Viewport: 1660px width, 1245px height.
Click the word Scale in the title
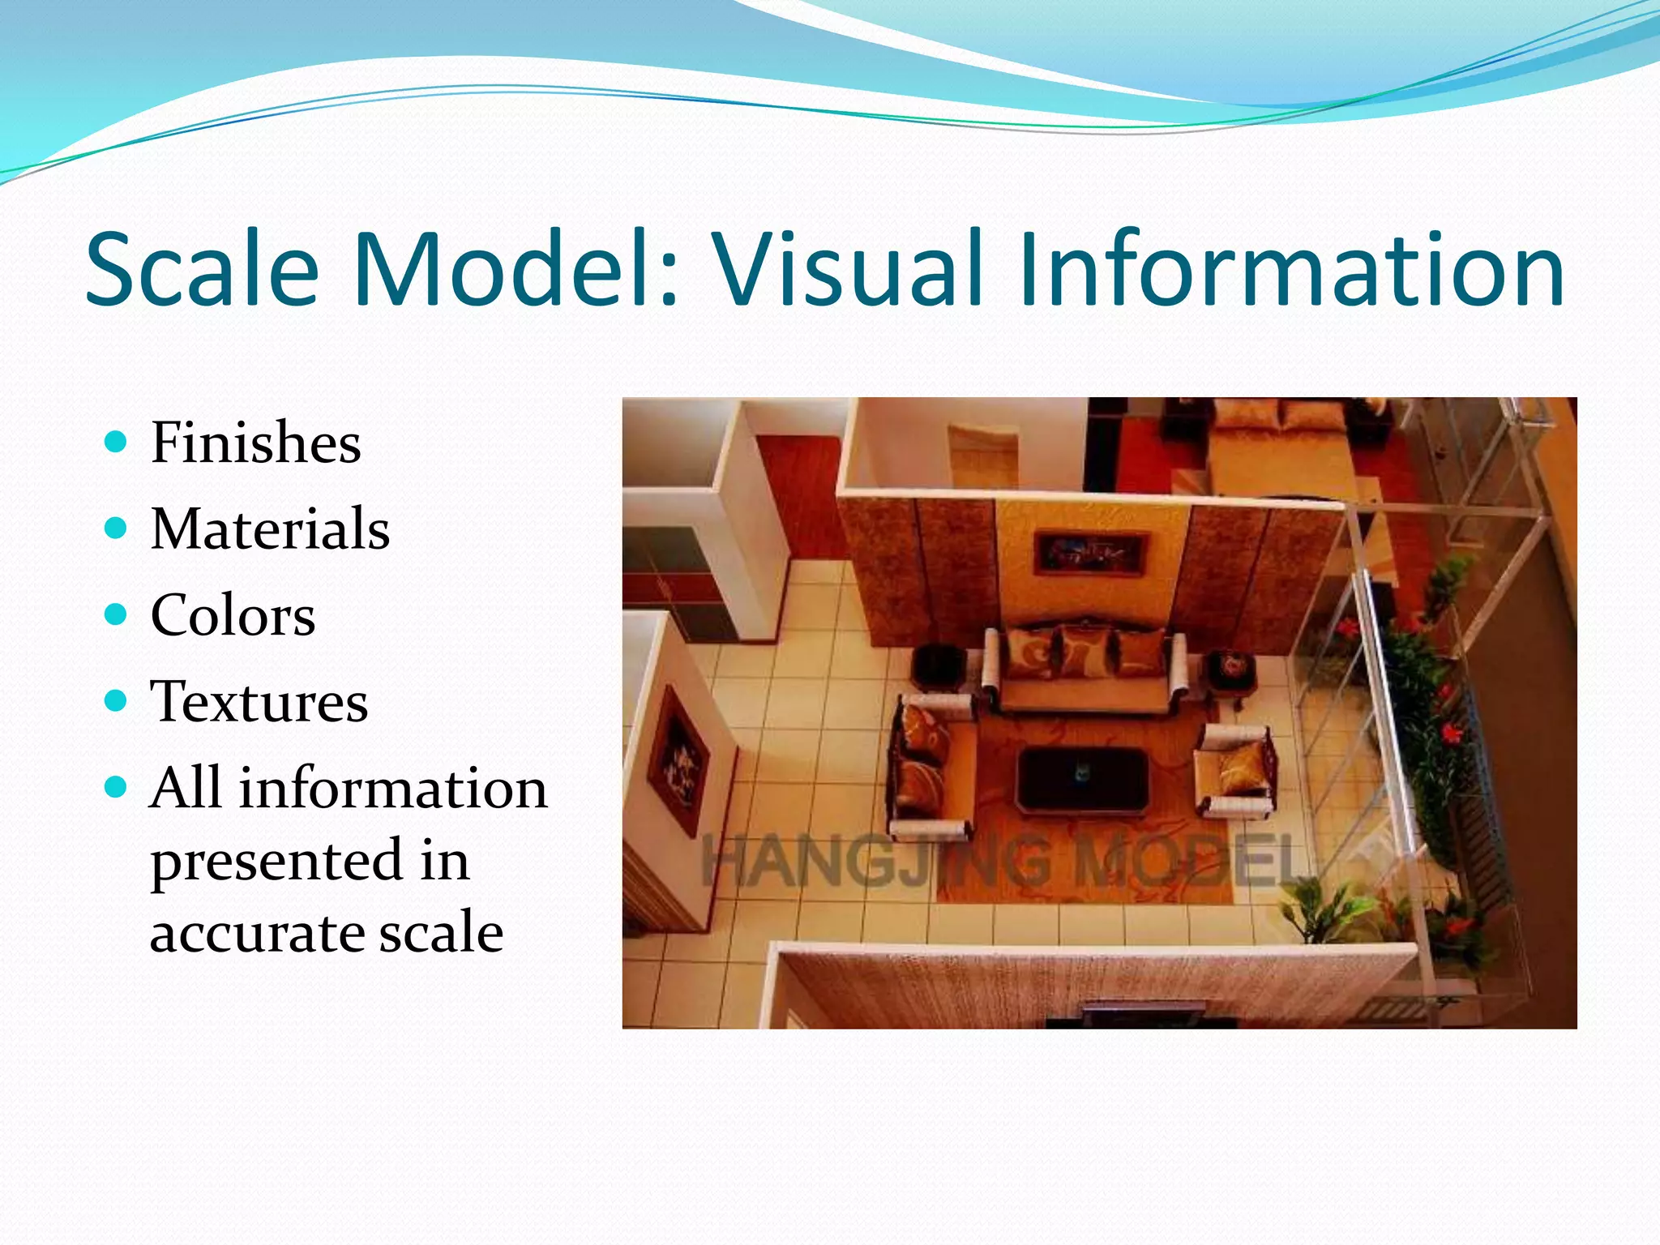202,269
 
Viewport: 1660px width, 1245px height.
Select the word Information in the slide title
1292,269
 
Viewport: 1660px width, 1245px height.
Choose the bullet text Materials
270,528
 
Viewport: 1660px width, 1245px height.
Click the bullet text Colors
233,615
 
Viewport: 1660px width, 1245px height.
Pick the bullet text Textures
259,701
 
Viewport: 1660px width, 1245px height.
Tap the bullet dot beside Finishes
117,442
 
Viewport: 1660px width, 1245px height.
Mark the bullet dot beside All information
117,787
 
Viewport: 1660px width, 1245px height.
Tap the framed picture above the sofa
1090,553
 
